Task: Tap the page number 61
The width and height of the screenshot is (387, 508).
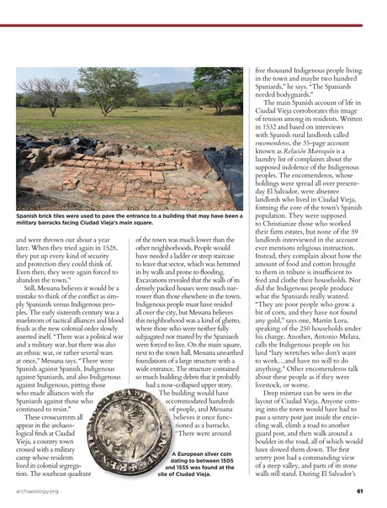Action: tap(359, 492)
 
